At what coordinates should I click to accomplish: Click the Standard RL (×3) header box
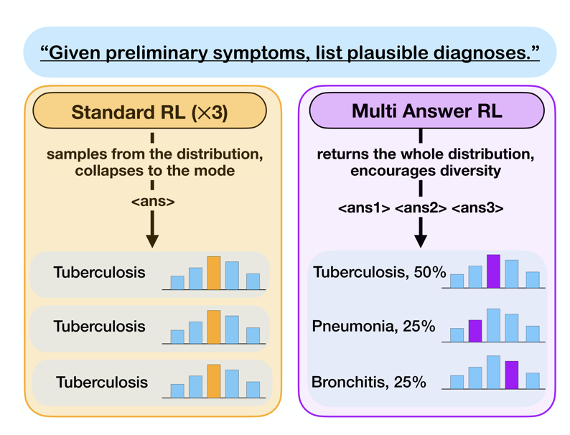point(150,112)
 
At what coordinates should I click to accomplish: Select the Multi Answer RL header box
point(426,111)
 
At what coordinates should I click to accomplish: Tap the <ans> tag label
point(152,202)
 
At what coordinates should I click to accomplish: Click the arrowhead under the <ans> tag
point(152,240)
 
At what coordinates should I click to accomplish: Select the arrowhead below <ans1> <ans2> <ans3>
point(421,240)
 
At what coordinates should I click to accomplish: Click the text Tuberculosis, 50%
point(380,272)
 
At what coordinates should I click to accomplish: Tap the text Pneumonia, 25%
point(374,327)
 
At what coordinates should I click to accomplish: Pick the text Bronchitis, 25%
point(369,382)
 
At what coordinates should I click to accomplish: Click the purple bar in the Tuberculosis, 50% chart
point(493,271)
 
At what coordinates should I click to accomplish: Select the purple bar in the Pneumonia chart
point(475,330)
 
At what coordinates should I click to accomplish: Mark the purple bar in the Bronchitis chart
point(512,375)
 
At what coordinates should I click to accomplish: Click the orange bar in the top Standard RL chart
point(214,273)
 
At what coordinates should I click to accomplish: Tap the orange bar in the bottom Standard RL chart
point(214,381)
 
